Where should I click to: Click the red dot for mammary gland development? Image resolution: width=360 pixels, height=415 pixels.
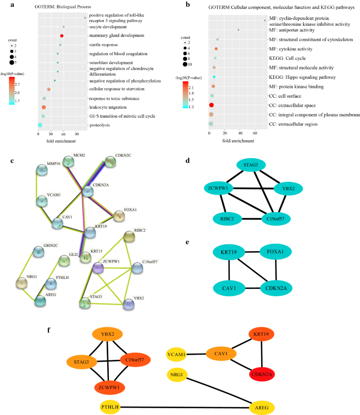(62, 36)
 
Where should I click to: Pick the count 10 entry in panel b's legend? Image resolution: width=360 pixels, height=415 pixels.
(185, 65)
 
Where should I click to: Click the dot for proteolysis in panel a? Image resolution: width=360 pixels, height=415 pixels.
(40, 125)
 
